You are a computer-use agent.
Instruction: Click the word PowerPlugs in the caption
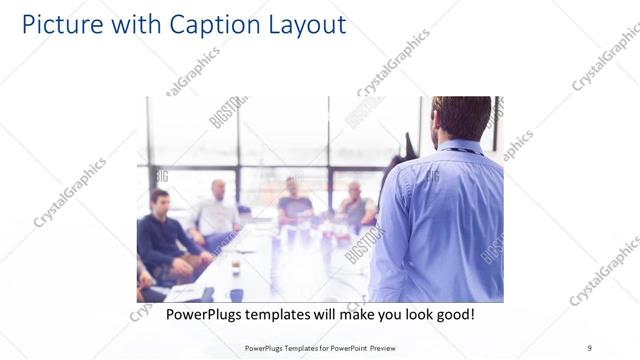(x=205, y=315)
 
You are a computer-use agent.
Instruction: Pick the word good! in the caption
(x=452, y=315)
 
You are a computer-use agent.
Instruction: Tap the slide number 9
(x=589, y=347)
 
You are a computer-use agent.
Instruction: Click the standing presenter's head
(x=460, y=118)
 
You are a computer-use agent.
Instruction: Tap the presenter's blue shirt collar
(x=459, y=148)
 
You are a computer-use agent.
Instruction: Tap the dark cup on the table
(x=236, y=268)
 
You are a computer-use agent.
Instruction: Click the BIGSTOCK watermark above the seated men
(x=227, y=112)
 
